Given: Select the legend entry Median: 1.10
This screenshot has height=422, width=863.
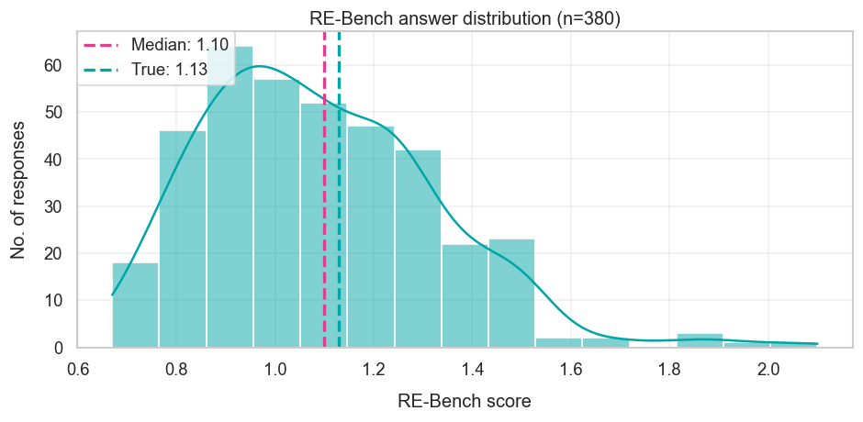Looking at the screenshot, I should tap(154, 44).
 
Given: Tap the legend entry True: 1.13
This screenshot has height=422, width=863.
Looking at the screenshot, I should tap(154, 69).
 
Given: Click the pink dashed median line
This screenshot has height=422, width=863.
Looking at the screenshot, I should tap(324, 229).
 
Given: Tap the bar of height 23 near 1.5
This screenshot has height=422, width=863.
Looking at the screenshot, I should tap(511, 294).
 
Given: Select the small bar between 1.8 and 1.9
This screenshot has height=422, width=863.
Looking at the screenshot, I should tap(700, 340).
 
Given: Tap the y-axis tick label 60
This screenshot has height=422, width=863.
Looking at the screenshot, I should tap(53, 65).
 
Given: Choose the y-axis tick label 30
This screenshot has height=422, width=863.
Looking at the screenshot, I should tap(53, 206).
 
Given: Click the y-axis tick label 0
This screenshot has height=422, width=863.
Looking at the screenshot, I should tap(59, 348).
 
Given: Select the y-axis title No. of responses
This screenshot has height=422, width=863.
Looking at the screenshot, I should tap(18, 188).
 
